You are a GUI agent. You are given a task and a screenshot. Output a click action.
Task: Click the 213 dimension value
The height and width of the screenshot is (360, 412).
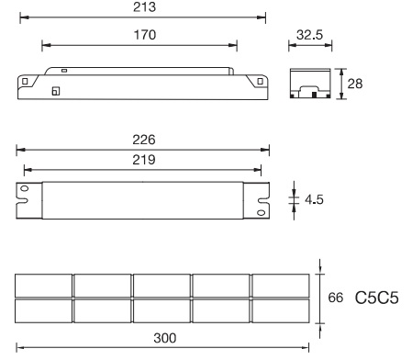144,7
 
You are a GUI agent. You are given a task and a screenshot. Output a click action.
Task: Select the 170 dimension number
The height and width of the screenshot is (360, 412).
145,35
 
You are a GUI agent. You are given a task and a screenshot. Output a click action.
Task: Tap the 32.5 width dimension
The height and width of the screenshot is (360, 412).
309,35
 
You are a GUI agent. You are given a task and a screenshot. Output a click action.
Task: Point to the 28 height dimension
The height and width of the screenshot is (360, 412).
355,84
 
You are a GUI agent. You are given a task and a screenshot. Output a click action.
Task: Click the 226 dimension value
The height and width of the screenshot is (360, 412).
144,140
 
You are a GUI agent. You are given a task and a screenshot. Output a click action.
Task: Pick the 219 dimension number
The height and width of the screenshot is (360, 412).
144,160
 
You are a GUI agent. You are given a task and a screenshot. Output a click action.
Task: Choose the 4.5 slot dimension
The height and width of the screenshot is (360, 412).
314,199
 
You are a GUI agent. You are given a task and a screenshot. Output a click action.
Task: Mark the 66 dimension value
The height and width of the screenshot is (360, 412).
335,298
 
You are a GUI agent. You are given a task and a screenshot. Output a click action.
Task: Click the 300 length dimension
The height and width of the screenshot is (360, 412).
165,338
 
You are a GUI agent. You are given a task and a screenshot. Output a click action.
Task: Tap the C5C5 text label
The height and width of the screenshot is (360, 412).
377,298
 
